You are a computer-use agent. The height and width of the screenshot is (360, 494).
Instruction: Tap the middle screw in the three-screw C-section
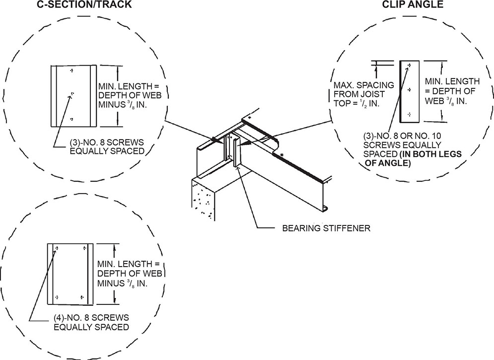click(x=72, y=93)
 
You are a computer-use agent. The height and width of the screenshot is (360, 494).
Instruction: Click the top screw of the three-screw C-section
click(x=72, y=71)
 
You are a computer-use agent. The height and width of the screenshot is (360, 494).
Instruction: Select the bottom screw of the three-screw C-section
click(x=72, y=118)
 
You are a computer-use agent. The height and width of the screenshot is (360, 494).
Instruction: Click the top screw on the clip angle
click(x=408, y=65)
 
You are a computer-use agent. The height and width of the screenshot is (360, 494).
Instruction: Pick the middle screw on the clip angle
click(x=408, y=89)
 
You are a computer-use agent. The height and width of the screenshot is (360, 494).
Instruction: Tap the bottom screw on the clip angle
click(x=408, y=113)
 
